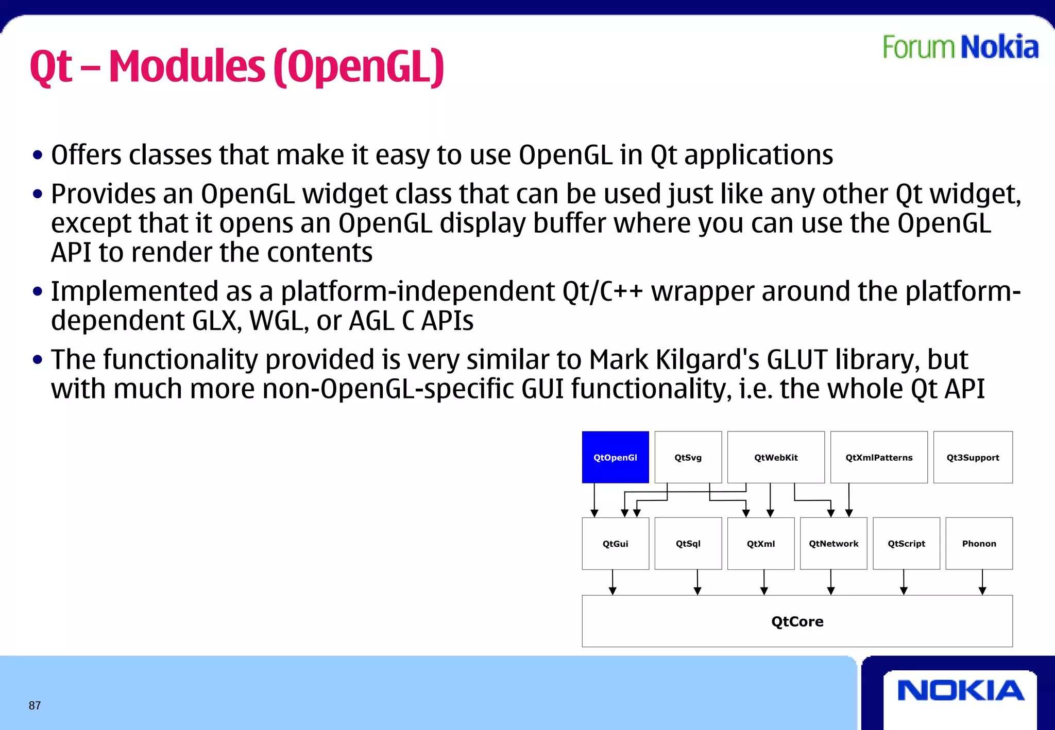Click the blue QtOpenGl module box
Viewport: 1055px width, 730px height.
click(615, 457)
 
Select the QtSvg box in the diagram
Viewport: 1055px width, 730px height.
click(688, 457)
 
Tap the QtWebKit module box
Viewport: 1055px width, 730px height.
click(776, 457)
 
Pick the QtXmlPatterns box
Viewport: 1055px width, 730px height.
click(879, 457)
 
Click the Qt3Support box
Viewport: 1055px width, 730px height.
click(973, 457)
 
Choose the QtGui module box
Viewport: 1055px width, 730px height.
click(615, 543)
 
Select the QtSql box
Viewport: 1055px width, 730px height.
click(688, 543)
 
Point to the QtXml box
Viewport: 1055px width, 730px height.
click(761, 543)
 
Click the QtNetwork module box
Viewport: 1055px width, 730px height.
click(833, 543)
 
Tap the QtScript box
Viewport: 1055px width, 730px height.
click(906, 543)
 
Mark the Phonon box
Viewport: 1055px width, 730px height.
click(979, 543)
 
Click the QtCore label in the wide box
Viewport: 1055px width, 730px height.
click(797, 621)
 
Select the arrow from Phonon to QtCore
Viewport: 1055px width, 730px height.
click(982, 582)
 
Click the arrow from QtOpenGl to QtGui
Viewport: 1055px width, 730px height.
click(594, 499)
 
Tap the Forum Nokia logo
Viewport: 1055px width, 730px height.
click(960, 47)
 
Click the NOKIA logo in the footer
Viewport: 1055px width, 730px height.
click(960, 690)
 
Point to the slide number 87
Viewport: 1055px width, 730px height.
click(35, 705)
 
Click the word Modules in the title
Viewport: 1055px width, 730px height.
click(186, 67)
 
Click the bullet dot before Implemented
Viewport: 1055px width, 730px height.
click(37, 292)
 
